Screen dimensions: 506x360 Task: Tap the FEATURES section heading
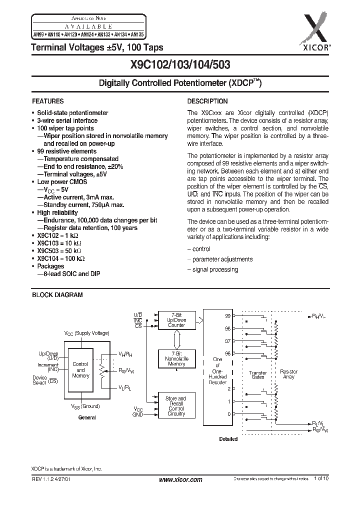[x=48, y=100]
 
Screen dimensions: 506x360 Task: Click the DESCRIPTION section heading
[x=207, y=100]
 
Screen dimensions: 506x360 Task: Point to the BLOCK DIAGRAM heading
[x=57, y=295]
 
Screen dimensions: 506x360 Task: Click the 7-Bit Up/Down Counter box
[x=176, y=320]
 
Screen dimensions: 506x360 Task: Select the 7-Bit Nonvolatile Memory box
[x=176, y=358]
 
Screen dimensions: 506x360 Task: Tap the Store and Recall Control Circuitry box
[x=176, y=406]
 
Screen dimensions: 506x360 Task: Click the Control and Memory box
[x=80, y=370]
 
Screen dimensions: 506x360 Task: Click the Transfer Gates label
[x=257, y=374]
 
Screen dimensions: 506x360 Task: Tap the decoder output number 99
[x=228, y=316]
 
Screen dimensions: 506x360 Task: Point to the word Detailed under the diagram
[x=228, y=439]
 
